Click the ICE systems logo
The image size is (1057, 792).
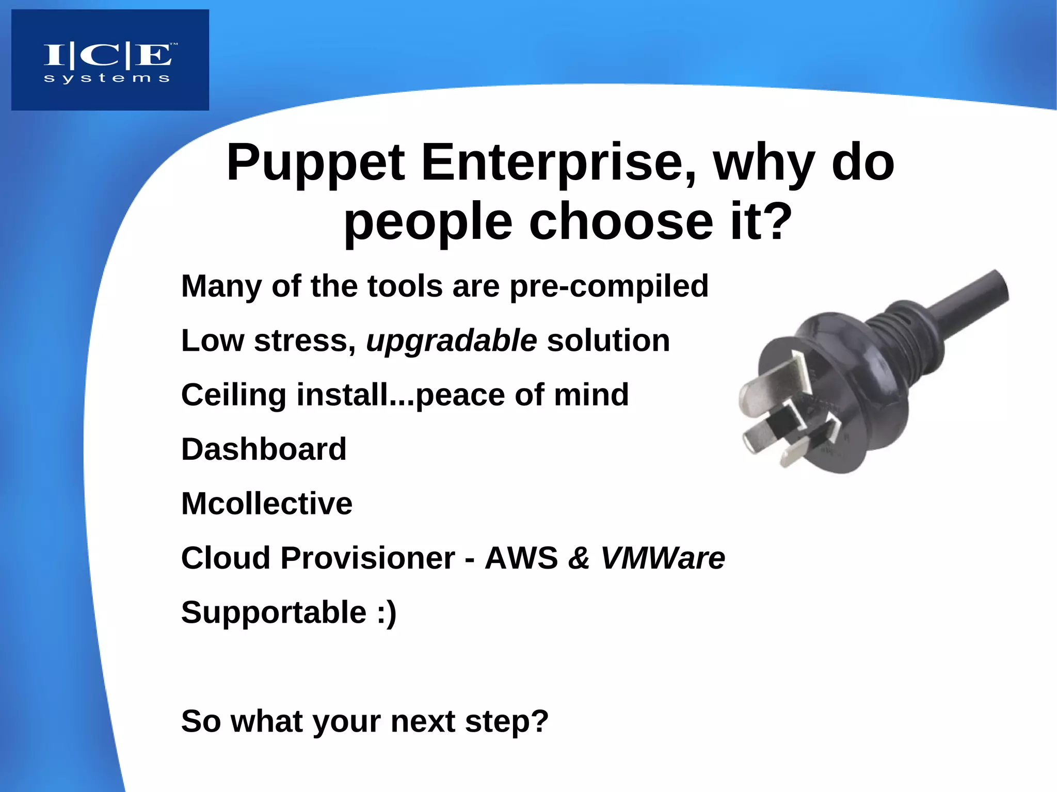coord(110,60)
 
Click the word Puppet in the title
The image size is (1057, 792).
coord(315,163)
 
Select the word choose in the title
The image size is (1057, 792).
coord(621,222)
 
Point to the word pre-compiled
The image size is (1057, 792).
coord(609,286)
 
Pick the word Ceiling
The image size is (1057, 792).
coord(233,395)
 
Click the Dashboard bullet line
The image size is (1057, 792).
coord(264,449)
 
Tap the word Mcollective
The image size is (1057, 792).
coord(267,504)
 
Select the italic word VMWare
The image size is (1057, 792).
coord(663,558)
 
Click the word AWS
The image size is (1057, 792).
coord(521,558)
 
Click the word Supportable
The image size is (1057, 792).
coord(274,612)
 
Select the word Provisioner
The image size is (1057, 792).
coord(367,558)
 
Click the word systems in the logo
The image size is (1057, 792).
coord(107,78)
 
